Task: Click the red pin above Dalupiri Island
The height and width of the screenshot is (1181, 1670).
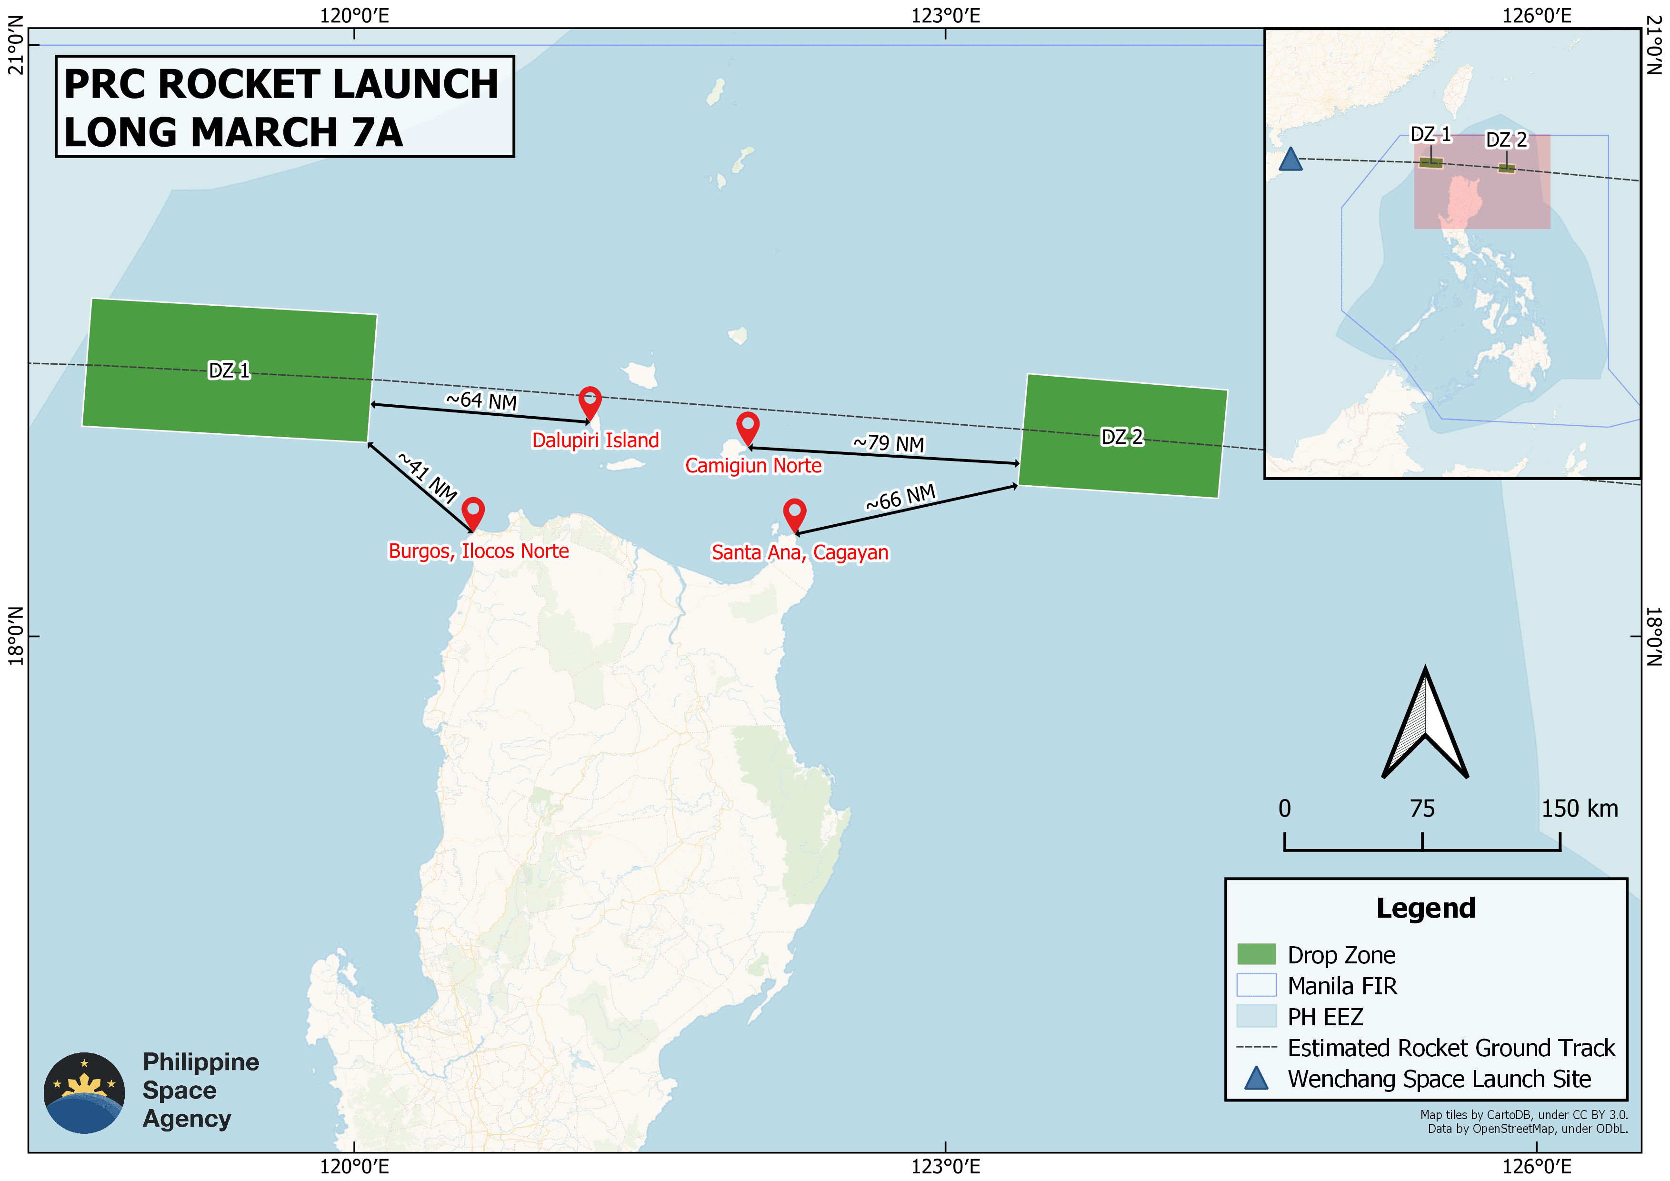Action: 590,402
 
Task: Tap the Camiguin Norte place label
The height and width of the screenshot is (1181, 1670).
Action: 753,465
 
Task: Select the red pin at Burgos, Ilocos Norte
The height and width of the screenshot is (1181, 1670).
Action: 473,513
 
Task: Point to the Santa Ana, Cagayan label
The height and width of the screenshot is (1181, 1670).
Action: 800,553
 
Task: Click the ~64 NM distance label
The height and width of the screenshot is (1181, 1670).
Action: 481,400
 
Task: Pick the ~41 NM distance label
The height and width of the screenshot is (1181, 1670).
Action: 428,478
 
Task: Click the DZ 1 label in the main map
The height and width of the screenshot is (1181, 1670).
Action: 229,371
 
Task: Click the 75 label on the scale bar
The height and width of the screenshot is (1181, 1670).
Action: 1422,809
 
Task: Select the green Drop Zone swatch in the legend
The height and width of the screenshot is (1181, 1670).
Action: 1256,954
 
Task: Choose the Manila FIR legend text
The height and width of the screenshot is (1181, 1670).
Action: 1342,986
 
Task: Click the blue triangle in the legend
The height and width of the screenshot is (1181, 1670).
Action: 1256,1079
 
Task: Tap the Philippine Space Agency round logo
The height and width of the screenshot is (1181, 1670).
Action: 84,1092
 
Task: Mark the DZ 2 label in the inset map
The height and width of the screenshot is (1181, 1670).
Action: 1506,140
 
